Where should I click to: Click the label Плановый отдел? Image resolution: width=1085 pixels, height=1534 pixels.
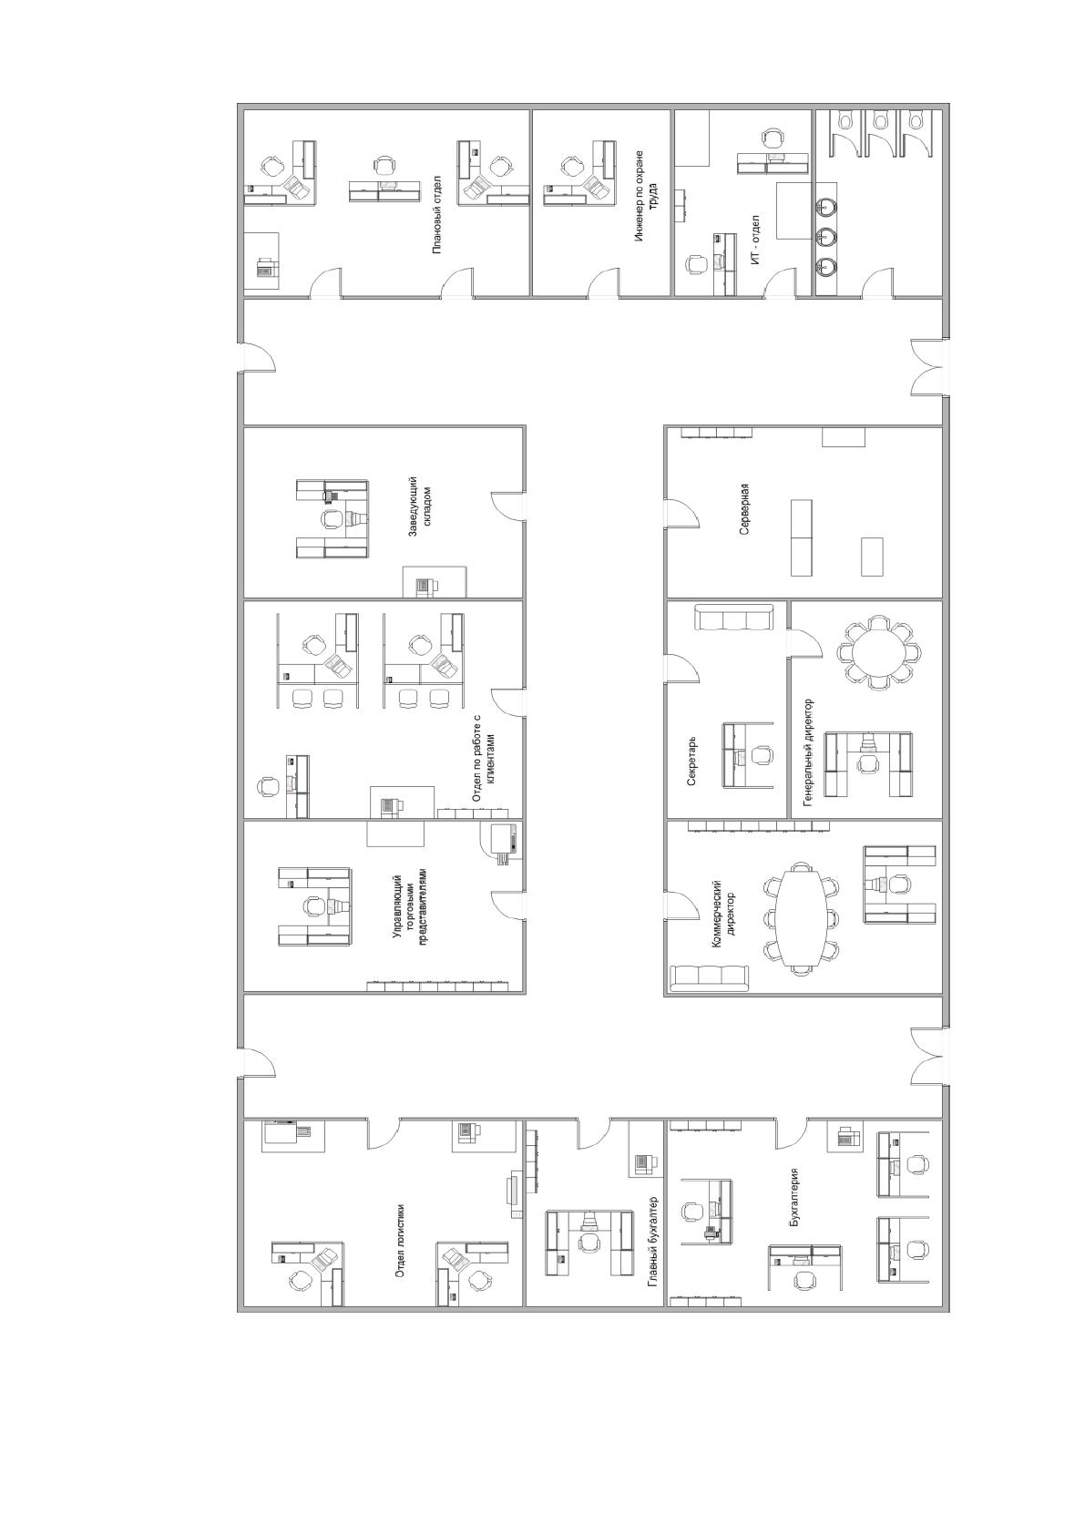pos(437,214)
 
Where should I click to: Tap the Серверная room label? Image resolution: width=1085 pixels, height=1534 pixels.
pos(744,509)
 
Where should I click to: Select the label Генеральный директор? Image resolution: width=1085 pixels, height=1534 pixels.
pos(809,752)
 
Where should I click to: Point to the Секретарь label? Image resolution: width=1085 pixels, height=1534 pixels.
pos(692,761)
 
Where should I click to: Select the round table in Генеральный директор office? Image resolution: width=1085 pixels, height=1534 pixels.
pos(879,651)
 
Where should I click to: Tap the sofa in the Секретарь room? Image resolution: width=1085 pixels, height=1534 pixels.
pos(733,617)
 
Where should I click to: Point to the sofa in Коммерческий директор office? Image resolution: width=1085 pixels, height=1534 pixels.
pos(710,978)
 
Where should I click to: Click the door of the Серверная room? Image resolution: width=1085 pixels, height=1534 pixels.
pos(683,512)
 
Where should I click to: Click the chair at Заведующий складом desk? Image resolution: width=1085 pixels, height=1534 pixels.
pos(333,518)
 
